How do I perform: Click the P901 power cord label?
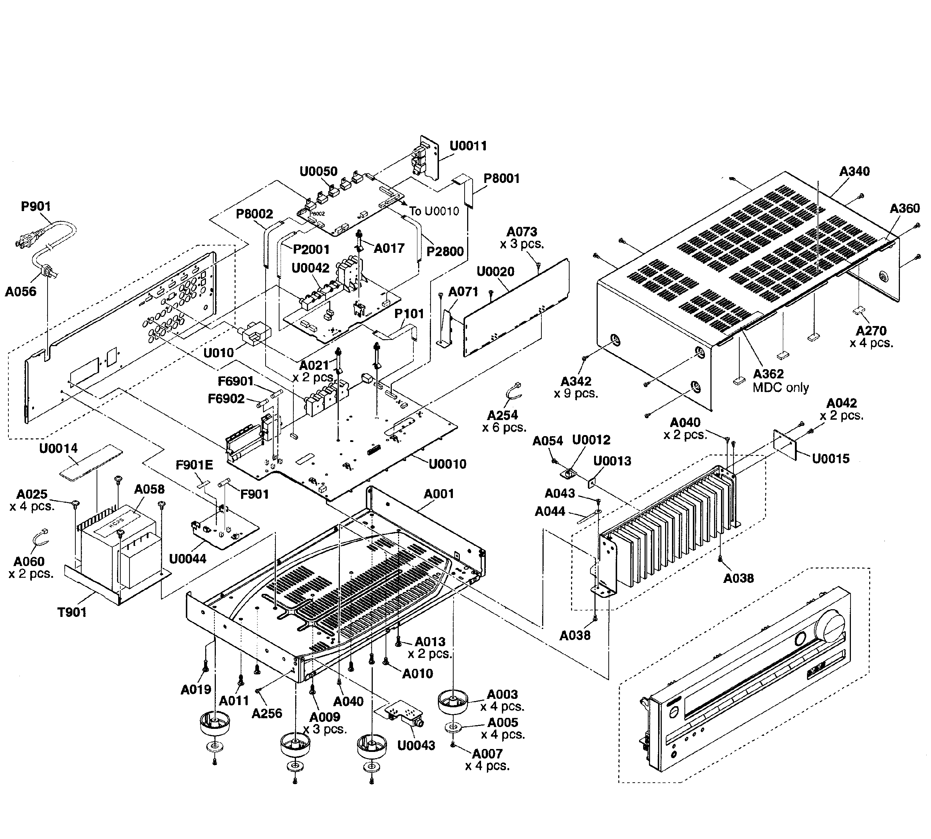[35, 206]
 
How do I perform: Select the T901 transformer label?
[72, 612]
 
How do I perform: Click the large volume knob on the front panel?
[830, 626]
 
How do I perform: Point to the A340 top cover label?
[854, 172]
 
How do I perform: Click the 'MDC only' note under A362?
[781, 388]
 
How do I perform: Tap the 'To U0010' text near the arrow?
[434, 211]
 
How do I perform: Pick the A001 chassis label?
[439, 494]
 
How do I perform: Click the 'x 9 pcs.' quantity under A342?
[576, 394]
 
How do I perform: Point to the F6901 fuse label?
[236, 381]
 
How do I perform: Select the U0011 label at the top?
[468, 146]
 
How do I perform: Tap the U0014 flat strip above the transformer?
[91, 461]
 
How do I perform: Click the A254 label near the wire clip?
[502, 415]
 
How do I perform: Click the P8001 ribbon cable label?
[502, 179]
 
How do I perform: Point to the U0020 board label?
[495, 271]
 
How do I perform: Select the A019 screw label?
[196, 690]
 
